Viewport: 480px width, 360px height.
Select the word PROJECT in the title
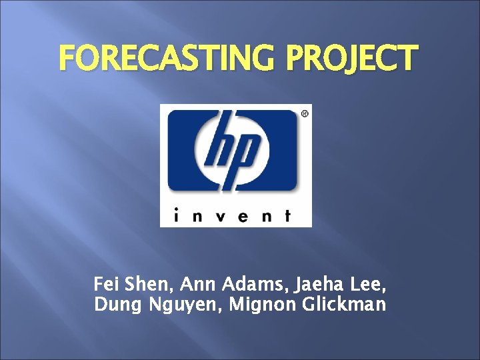tap(353, 59)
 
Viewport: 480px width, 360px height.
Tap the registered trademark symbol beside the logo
tap(305, 114)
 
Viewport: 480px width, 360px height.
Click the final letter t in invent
tap(287, 215)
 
